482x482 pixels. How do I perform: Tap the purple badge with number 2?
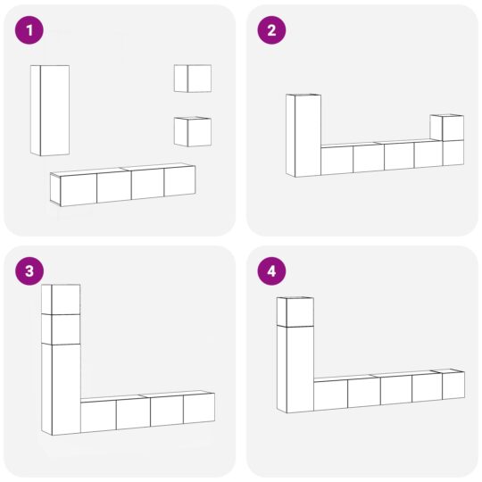pyautogui.click(x=271, y=31)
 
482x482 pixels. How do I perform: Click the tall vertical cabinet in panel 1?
pyautogui.click(x=51, y=110)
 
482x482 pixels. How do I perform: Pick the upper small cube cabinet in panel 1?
pyautogui.click(x=194, y=79)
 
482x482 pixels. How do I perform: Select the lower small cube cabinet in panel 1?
pyautogui.click(x=194, y=132)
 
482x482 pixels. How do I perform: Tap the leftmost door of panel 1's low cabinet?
pyautogui.click(x=79, y=189)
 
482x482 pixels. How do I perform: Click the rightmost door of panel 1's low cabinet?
pyautogui.click(x=179, y=181)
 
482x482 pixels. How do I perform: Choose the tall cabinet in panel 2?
pyautogui.click(x=304, y=136)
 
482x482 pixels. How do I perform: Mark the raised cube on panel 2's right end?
pyautogui.click(x=447, y=129)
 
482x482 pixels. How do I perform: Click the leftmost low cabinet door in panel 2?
pyautogui.click(x=337, y=161)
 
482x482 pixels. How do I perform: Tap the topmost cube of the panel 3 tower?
pyautogui.click(x=62, y=300)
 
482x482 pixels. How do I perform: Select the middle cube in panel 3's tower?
pyautogui.click(x=62, y=328)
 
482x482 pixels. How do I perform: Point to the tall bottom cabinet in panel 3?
pyautogui.click(x=62, y=389)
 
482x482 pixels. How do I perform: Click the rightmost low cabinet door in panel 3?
pyautogui.click(x=198, y=408)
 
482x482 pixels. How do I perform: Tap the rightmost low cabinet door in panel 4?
pyautogui.click(x=453, y=386)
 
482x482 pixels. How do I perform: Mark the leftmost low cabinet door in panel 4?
pyautogui.click(x=330, y=395)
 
